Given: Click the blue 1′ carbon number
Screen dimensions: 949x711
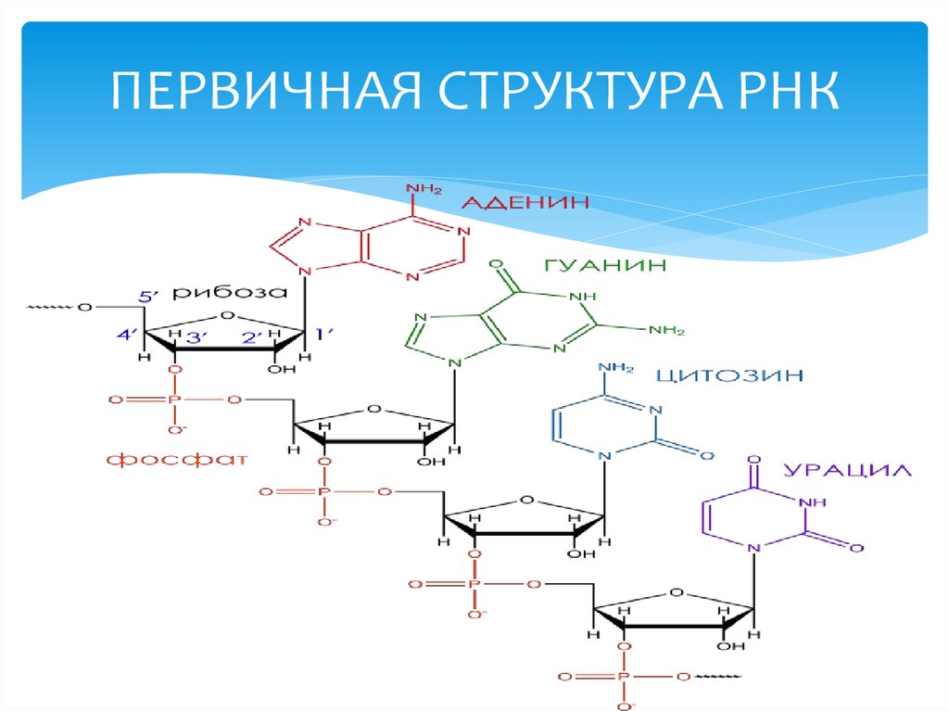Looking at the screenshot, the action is pos(326,334).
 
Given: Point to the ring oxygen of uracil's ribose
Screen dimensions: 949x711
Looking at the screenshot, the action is pos(676,590).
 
